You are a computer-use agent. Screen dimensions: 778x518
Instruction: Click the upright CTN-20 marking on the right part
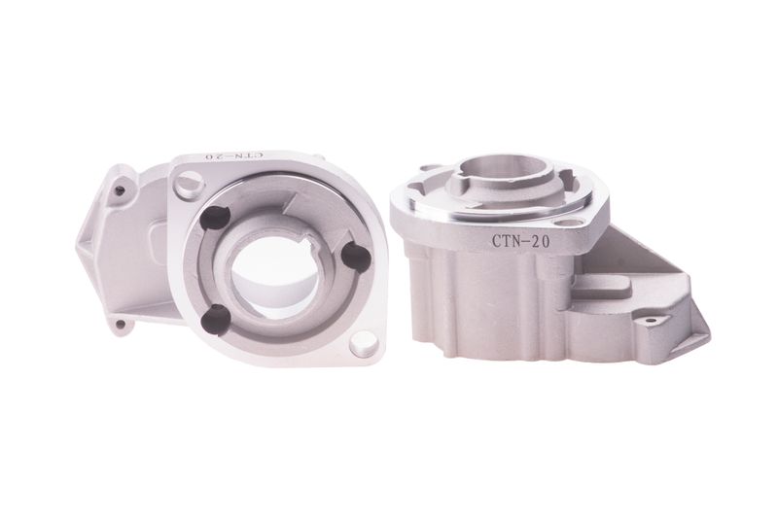point(520,241)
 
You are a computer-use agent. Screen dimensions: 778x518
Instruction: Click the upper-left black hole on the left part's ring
point(215,217)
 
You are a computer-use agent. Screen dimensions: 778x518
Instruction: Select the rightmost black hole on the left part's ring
point(356,257)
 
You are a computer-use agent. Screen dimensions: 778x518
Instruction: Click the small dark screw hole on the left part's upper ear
point(119,190)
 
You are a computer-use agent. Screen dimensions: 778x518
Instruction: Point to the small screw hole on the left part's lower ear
point(120,325)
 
